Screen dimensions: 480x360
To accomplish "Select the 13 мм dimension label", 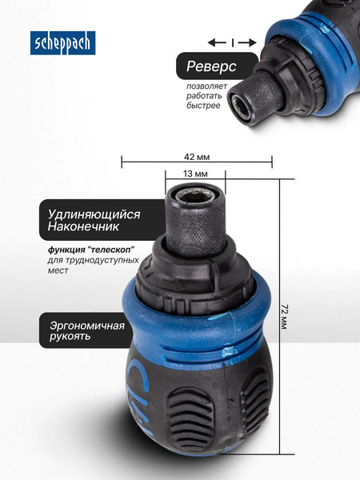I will pos(195,173).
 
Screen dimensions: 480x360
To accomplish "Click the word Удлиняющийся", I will pos(94,214).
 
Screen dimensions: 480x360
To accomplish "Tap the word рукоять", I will pos(67,336).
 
